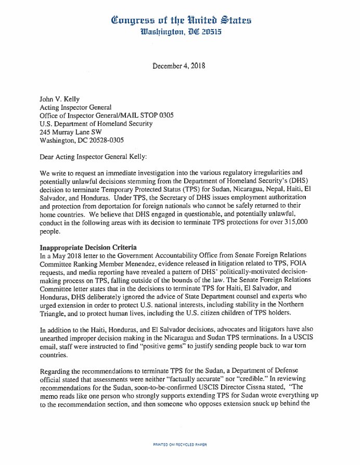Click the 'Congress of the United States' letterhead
coord(182,20)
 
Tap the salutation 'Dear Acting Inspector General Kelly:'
coord(97,157)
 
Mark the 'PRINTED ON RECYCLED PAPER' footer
coord(179,445)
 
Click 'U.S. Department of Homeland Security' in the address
coord(96,124)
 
